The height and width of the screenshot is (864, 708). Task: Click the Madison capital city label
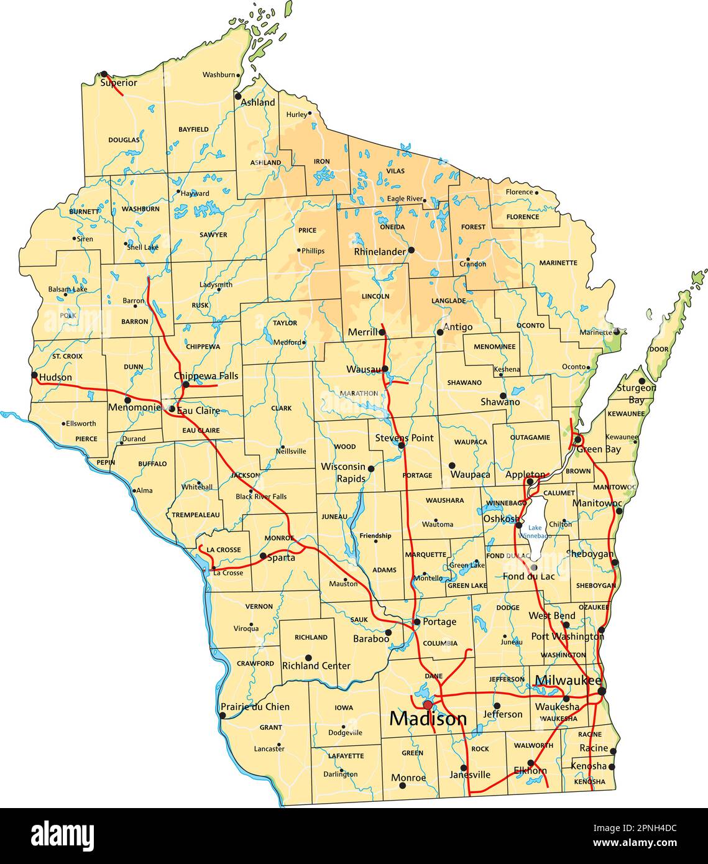428,719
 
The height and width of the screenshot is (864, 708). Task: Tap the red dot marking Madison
428,705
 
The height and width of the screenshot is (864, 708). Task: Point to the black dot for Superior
104,74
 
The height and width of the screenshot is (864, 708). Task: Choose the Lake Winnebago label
535,531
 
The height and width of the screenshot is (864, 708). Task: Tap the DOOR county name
658,349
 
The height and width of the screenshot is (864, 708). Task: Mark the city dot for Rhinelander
411,250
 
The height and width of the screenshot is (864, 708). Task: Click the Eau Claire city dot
172,409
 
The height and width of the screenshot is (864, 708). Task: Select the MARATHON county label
358,393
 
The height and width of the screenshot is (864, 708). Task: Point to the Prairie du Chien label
255,707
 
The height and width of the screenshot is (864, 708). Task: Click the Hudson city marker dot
35,375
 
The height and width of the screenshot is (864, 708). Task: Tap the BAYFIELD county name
193,129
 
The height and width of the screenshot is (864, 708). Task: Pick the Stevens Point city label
404,438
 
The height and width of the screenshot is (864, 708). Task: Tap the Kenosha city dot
612,767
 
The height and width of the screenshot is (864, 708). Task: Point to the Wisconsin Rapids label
343,472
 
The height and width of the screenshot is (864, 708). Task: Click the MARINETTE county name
558,263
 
